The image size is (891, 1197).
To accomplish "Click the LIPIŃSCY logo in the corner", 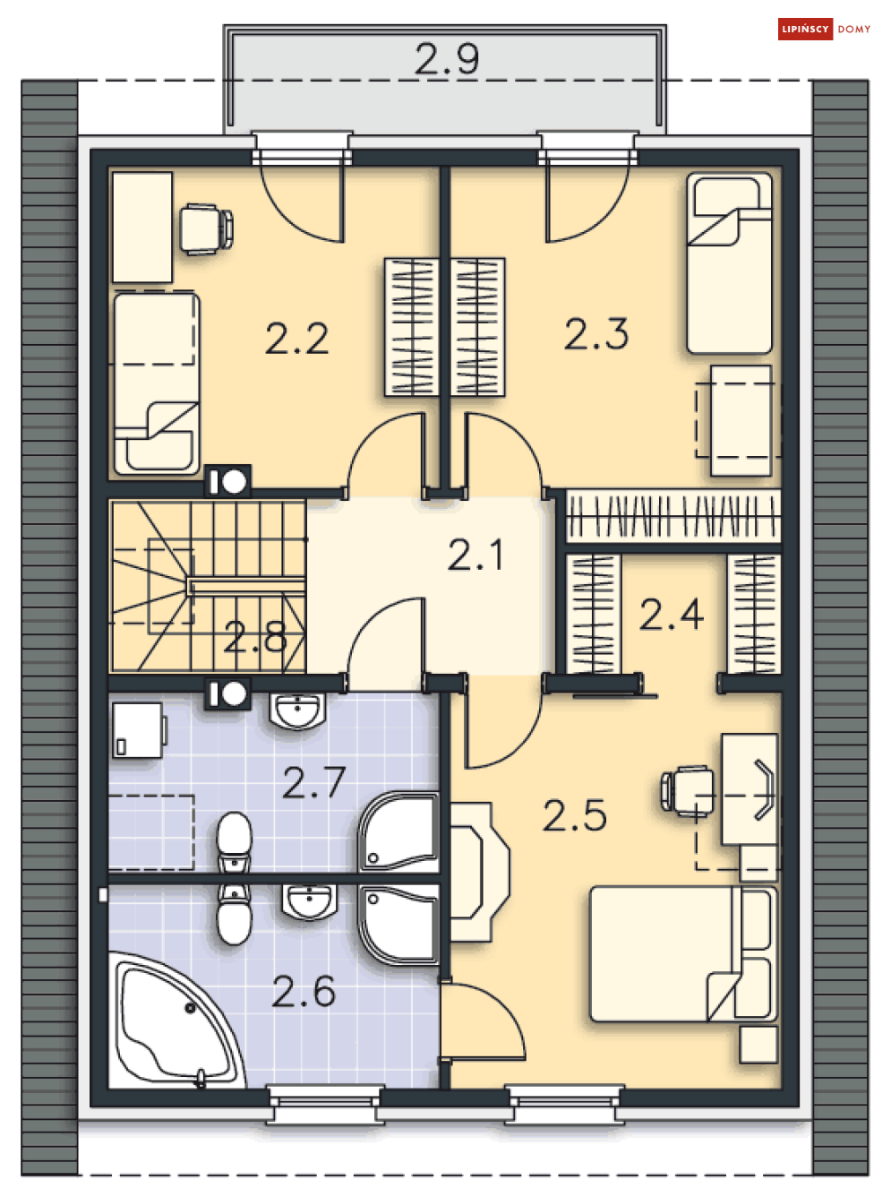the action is click(824, 30).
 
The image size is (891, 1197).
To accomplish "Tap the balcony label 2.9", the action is click(447, 59).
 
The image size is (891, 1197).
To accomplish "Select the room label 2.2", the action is click(296, 339).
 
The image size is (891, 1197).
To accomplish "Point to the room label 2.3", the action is click(596, 334).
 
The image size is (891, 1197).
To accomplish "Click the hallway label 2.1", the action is click(475, 555).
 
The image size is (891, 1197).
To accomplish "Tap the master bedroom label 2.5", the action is click(574, 815).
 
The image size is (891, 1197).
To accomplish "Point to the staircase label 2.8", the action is click(255, 637).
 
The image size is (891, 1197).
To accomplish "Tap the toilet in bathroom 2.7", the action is click(234, 842).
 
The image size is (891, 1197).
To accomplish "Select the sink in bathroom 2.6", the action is click(310, 902).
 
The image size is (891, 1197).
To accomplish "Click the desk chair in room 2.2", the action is click(207, 229).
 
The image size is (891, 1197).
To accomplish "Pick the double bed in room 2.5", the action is click(683, 954).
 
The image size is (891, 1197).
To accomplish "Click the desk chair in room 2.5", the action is click(687, 791).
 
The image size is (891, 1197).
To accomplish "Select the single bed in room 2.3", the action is click(729, 263).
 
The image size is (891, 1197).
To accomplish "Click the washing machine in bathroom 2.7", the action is click(139, 729).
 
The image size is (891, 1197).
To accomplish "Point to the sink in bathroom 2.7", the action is click(297, 711).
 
